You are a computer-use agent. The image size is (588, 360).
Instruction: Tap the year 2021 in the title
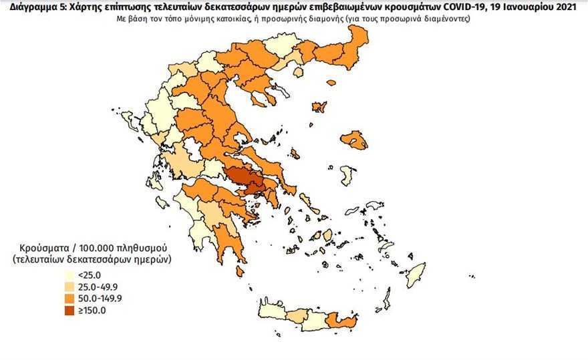[571, 7]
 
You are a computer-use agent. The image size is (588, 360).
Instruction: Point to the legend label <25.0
[89, 274]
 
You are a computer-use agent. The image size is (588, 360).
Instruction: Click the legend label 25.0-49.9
[98, 286]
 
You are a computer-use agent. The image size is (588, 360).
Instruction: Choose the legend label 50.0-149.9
[100, 298]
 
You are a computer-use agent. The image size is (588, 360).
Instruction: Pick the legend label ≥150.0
[92, 310]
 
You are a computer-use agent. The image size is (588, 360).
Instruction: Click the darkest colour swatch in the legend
[70, 310]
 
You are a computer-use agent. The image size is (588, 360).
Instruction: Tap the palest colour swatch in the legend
[70, 274]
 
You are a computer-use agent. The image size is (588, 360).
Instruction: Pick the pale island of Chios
[347, 175]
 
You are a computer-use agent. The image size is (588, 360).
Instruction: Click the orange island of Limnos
[319, 107]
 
